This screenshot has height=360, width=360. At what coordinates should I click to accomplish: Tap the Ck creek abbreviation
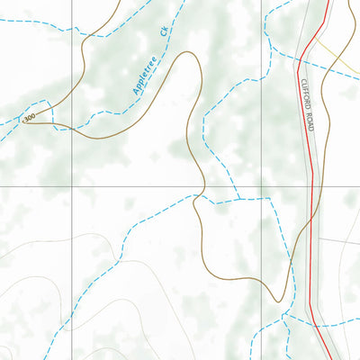click(x=164, y=32)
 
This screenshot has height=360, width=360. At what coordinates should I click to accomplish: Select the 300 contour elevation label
click(x=31, y=118)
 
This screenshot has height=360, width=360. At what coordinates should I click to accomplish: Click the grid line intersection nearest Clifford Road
click(x=266, y=186)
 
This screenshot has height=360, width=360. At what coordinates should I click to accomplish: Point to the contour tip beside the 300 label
click(x=25, y=121)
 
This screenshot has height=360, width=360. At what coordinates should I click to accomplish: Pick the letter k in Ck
click(x=166, y=29)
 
